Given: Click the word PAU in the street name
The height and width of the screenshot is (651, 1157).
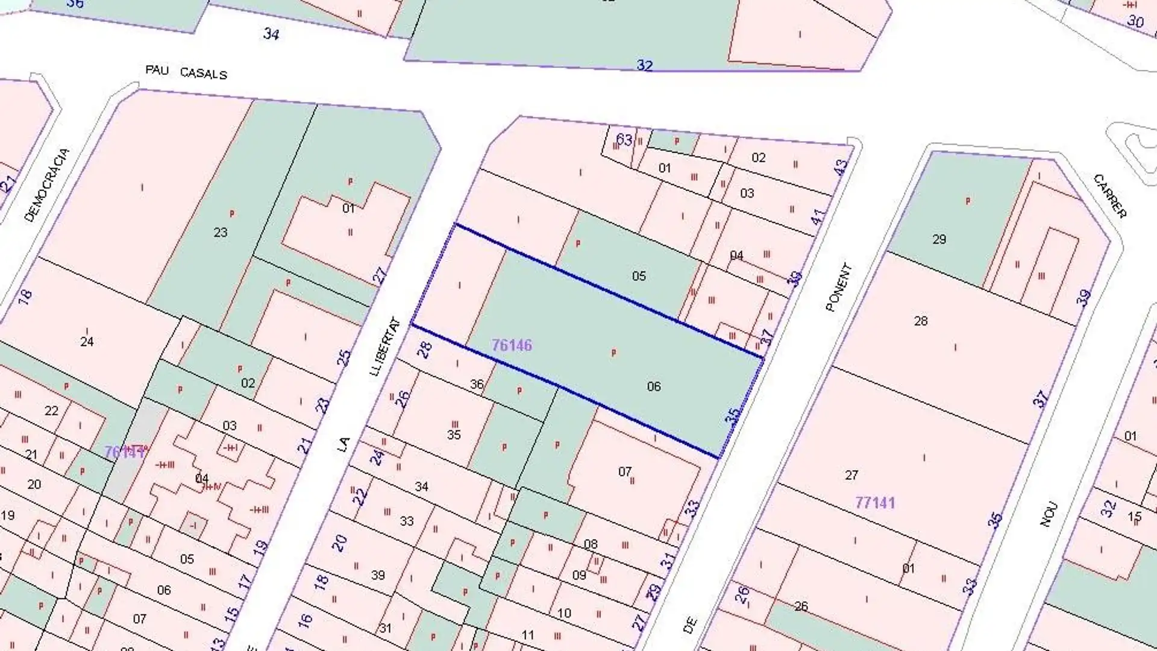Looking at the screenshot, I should tap(157, 70).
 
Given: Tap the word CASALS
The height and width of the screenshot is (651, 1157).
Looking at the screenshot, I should tap(203, 74).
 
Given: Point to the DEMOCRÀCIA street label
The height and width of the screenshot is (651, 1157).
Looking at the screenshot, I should tap(47, 185).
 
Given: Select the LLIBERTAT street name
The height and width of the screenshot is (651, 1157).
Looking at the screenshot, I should tap(384, 347).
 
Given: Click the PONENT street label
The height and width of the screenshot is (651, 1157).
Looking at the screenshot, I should tap(838, 288).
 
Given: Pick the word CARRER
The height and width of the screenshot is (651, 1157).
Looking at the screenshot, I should tap(1109, 196).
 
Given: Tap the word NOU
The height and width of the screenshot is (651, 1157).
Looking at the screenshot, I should tap(1049, 515).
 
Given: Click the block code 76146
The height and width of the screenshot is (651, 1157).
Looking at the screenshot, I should tap(512, 345).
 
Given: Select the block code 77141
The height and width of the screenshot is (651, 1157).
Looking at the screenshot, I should tap(874, 502).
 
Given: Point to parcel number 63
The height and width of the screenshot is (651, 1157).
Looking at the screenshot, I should tap(624, 140).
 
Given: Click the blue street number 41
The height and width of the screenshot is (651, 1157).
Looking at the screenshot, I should tap(817, 216).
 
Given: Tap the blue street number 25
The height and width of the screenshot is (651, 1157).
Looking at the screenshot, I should tap(343, 357).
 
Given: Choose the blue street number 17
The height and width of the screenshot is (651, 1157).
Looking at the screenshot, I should tap(244, 582).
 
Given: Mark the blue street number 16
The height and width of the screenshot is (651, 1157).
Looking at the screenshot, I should tap(304, 620).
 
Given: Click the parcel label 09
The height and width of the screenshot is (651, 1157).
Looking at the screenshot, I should tap(578, 574).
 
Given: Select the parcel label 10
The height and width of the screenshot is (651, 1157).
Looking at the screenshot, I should tap(563, 613).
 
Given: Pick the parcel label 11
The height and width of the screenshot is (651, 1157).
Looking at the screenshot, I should tap(528, 635).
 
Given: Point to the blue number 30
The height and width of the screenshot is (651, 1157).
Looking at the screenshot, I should tap(1135, 22).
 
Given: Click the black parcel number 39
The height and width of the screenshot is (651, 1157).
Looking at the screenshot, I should tap(377, 574).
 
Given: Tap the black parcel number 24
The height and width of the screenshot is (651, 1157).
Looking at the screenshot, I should tap(87, 342).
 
